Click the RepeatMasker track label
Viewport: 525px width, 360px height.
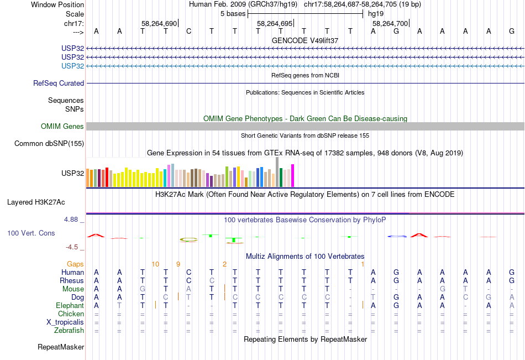(61, 347)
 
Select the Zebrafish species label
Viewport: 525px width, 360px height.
(69, 331)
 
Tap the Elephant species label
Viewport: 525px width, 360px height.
(70, 305)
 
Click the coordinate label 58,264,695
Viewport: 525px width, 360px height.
(275, 23)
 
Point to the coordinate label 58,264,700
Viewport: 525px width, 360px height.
(390, 23)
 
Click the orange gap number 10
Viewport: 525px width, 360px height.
(155, 264)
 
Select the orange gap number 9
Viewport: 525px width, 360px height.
(178, 264)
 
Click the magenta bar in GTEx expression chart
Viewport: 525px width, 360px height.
(293, 175)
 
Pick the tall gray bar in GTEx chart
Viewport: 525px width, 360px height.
(277, 172)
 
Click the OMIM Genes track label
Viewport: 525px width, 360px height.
(62, 127)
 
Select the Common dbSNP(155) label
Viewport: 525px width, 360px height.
(49, 143)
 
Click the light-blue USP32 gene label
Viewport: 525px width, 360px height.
(72, 66)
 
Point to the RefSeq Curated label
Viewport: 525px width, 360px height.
(58, 83)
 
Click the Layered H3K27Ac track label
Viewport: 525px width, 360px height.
(36, 202)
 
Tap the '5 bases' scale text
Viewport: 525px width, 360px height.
(233, 14)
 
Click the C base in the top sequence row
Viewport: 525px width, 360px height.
(189, 31)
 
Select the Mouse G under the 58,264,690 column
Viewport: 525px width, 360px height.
(143, 289)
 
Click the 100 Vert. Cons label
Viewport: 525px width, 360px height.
(31, 233)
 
